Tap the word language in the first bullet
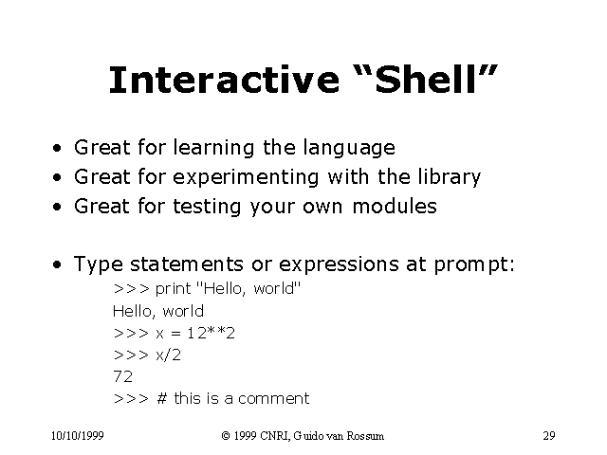coord(348,148)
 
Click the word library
coord(448,177)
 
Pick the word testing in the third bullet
coord(208,207)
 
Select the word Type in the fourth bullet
coord(97,264)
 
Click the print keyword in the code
coord(174,289)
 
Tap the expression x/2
coord(168,355)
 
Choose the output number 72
coord(122,376)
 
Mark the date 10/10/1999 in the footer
coord(79,436)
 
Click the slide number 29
coord(548,436)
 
